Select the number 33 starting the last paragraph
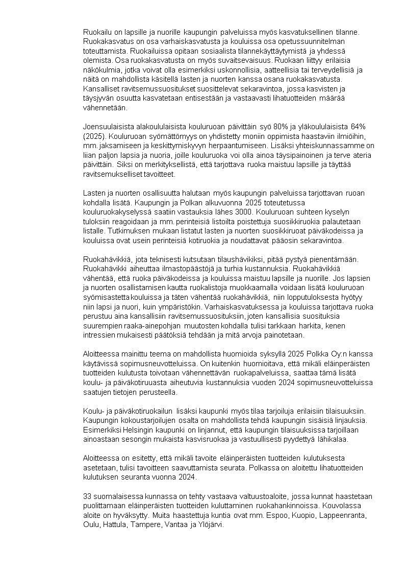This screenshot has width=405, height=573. pos(87,496)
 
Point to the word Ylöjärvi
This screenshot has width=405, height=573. pos(216,525)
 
